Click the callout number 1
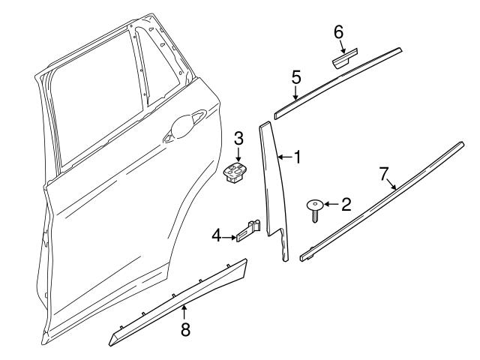pos(297,157)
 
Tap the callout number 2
pos(346,204)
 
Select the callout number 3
pos(238,138)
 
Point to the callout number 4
pos(216,236)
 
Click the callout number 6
pos(338,31)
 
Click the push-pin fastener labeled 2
pos(314,206)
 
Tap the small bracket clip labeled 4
pos(250,231)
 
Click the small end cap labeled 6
pos(345,57)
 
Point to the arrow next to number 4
pos(229,237)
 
